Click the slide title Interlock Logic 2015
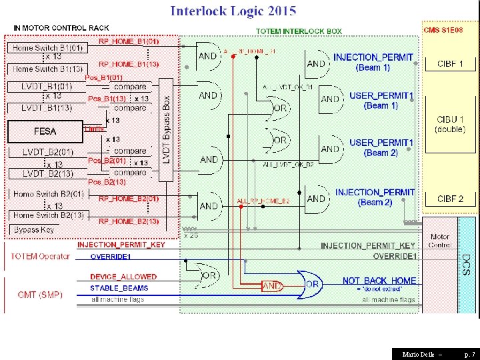click(233, 11)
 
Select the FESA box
click(45, 131)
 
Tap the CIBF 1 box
click(450, 64)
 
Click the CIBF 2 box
click(450, 199)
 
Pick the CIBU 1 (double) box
click(450, 124)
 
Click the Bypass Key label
click(35, 229)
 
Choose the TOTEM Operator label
click(40, 257)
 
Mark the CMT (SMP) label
click(37, 294)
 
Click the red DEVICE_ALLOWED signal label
click(123, 277)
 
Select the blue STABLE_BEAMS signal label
click(119, 288)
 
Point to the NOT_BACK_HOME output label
click(379, 281)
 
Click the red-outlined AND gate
click(272, 287)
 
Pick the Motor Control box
click(440, 241)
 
